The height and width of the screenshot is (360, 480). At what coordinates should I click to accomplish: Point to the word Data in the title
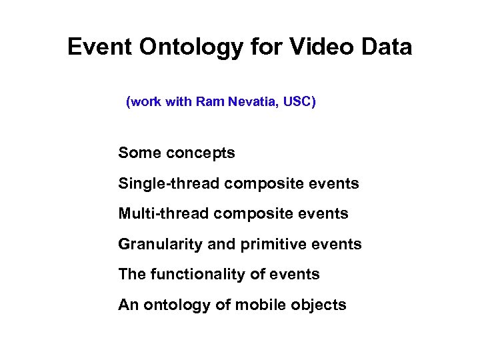coord(388,47)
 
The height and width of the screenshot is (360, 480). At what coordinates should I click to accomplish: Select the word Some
coord(139,153)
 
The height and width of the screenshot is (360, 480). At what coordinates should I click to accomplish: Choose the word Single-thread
coord(169,183)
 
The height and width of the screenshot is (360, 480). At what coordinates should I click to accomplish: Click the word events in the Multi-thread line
coord(327,214)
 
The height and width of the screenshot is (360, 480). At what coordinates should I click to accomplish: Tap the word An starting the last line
coord(127,305)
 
